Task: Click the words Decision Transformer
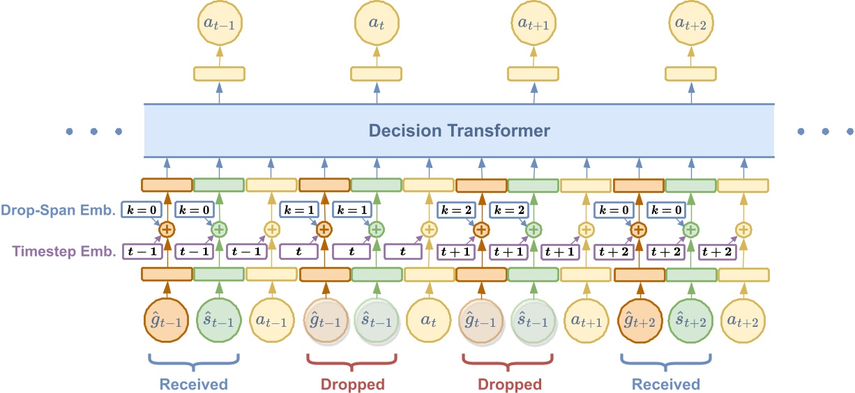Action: [459, 131]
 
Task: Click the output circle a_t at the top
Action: [376, 23]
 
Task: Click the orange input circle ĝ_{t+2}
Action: [638, 321]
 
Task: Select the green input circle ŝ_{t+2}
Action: [690, 321]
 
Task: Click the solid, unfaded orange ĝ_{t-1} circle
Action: [166, 321]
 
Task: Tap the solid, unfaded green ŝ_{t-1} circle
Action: [218, 321]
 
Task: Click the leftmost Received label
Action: [194, 384]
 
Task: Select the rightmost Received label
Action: [666, 384]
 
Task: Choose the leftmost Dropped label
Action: [352, 384]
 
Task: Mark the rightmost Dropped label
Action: [509, 384]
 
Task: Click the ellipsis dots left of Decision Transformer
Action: [93, 131]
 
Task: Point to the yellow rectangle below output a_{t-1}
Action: [219, 74]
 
